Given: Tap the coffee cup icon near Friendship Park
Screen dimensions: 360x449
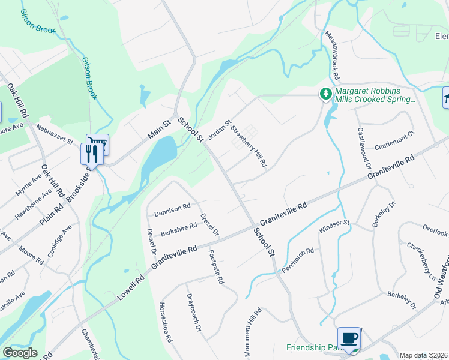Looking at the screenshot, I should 349,338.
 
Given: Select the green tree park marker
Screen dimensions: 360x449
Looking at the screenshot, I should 325,93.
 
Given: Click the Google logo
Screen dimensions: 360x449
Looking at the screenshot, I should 20,353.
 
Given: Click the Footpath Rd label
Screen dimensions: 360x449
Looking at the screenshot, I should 216,268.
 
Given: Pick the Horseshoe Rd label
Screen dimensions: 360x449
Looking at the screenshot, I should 166,320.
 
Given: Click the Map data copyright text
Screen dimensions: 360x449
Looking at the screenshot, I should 424,355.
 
